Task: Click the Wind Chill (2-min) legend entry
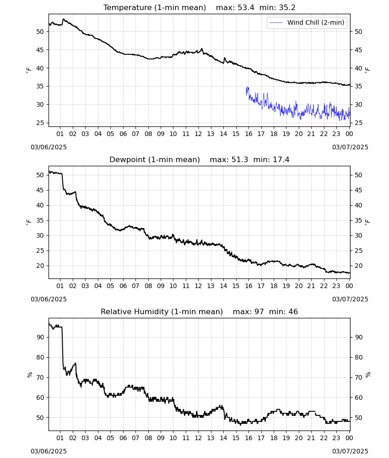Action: point(307,22)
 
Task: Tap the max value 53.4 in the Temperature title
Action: point(246,8)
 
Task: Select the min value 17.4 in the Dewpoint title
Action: point(281,160)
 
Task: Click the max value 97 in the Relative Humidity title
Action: point(259,312)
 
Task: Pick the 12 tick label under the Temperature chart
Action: point(198,134)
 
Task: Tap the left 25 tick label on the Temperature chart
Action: point(40,123)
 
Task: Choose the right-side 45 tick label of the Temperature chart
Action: point(358,50)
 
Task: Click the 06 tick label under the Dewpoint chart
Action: point(123,286)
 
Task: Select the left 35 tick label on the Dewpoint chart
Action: point(40,221)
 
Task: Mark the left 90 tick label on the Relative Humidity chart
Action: point(40,338)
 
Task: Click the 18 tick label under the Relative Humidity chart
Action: point(274,438)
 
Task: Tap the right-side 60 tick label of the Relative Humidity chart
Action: point(358,398)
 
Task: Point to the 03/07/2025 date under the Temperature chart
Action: point(350,147)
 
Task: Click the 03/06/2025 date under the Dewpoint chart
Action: point(49,300)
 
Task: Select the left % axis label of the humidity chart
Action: point(30,375)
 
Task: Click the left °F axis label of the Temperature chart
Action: point(28,70)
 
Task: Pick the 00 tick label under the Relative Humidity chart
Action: point(349,438)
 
